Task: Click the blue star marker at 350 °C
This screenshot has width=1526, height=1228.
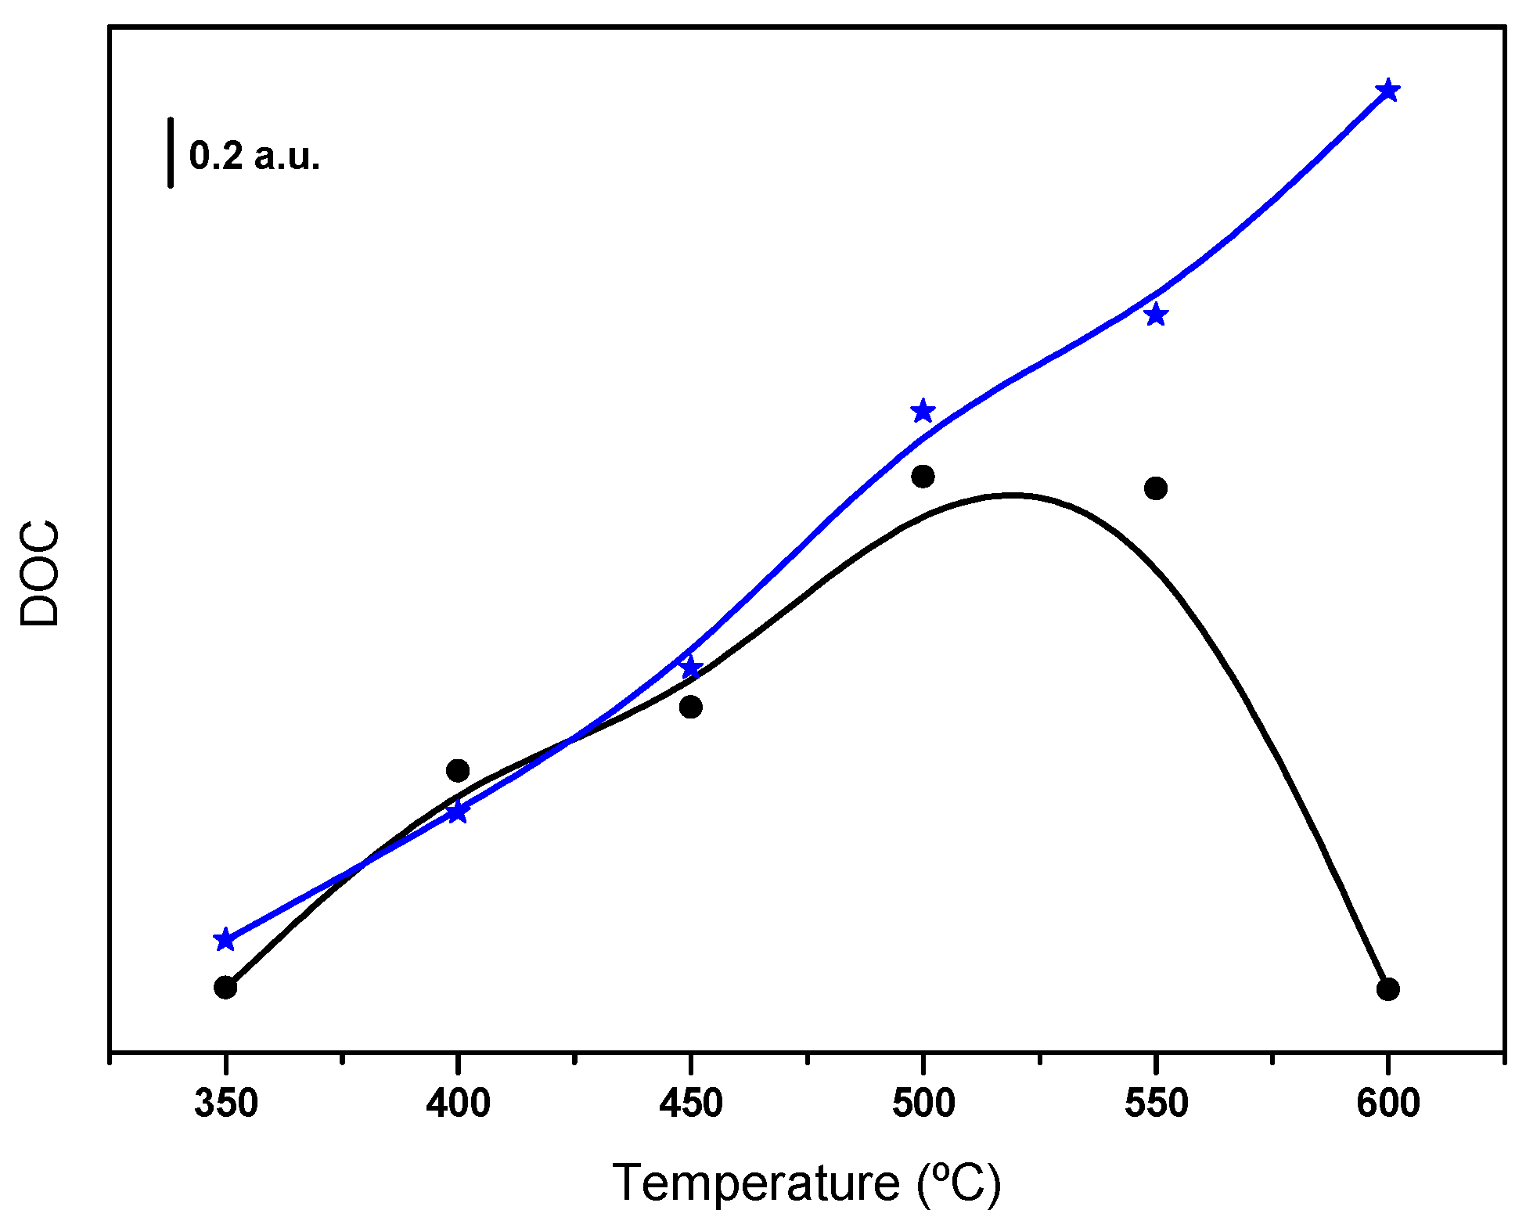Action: [x=225, y=939]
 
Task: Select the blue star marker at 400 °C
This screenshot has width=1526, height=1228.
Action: [x=458, y=812]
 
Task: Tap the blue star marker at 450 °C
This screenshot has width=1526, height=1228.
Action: [x=690, y=668]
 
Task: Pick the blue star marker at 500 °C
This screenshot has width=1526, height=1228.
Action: [x=923, y=411]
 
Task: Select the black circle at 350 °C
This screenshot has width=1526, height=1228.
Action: [x=225, y=987]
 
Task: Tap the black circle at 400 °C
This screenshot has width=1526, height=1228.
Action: [x=458, y=771]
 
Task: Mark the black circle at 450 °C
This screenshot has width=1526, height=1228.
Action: [x=690, y=707]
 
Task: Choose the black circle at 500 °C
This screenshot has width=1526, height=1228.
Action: [x=923, y=476]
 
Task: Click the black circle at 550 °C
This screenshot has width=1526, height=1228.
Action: [x=1156, y=488]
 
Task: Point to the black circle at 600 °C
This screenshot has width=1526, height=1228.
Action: [x=1387, y=989]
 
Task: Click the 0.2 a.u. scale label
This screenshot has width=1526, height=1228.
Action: [x=255, y=156]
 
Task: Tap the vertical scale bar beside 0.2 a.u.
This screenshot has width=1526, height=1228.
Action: [x=170, y=153]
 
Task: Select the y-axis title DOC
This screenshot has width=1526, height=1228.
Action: [x=40, y=573]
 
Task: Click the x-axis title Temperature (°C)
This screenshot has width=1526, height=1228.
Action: [x=806, y=1182]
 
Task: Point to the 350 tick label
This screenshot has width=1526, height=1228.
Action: [x=226, y=1104]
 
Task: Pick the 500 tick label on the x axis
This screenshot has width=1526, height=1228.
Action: [x=923, y=1104]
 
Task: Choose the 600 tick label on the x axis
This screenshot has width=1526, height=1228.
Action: [x=1388, y=1104]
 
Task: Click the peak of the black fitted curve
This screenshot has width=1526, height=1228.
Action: [x=1012, y=495]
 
